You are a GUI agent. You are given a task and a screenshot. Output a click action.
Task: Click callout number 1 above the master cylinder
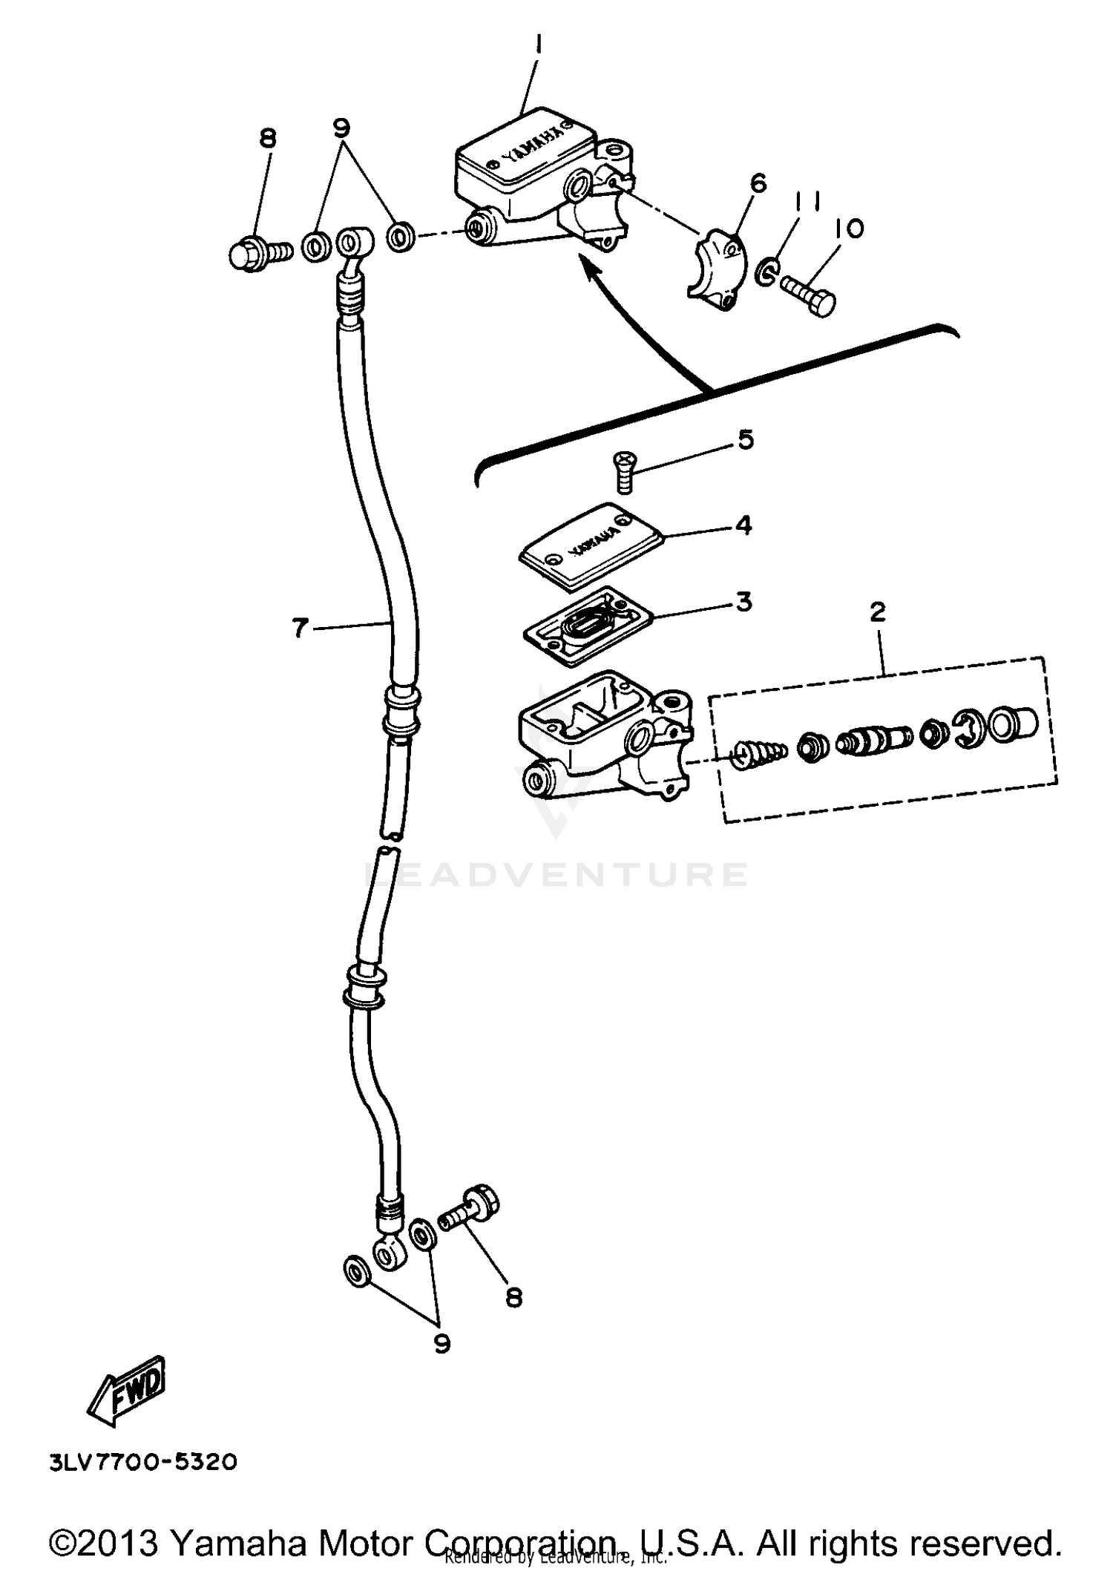(x=539, y=47)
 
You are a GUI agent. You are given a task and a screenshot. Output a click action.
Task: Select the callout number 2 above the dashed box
(x=878, y=612)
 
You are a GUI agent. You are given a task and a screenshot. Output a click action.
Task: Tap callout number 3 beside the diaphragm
(x=743, y=601)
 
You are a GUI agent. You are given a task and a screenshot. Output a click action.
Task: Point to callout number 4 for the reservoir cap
(x=743, y=525)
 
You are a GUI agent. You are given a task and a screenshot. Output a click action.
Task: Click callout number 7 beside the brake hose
(x=300, y=628)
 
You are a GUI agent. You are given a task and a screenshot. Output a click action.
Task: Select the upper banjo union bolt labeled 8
(x=256, y=254)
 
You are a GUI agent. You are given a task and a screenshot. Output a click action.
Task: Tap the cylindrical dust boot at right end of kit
(x=1014, y=722)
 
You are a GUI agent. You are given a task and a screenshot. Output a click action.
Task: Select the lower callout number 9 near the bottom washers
(x=442, y=1343)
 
